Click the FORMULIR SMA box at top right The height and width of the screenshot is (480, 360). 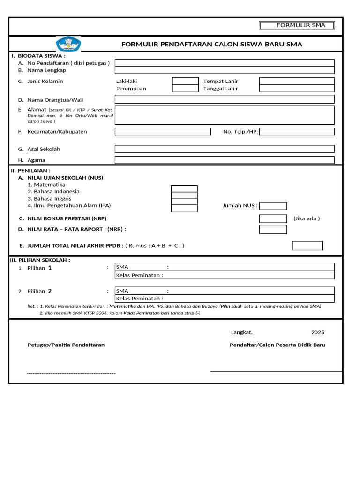(x=298, y=25)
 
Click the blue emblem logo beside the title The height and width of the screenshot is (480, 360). (x=68, y=44)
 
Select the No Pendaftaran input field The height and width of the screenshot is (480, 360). (x=225, y=63)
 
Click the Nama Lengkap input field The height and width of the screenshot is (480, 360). (x=225, y=70)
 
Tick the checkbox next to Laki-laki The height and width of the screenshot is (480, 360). (x=185, y=81)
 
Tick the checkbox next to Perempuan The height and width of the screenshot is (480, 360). (x=185, y=89)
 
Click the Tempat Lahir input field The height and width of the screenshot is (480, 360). (x=297, y=81)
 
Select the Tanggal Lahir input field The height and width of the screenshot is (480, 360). (x=297, y=89)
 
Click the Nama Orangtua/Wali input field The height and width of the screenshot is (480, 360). (x=225, y=99)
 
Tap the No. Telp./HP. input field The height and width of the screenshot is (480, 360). (x=297, y=132)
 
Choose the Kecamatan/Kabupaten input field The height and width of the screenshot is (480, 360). (x=163, y=132)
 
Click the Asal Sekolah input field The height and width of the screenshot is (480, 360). (x=225, y=149)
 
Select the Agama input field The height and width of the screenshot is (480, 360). (x=225, y=160)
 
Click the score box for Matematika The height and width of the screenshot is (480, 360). (x=184, y=188)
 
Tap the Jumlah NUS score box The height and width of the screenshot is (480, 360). (x=273, y=206)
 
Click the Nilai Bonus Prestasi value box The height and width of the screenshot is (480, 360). (x=273, y=218)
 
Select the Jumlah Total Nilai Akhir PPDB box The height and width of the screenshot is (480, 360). (x=307, y=246)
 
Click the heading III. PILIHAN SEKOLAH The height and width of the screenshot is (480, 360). (x=40, y=260)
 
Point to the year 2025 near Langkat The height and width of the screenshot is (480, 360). (x=317, y=332)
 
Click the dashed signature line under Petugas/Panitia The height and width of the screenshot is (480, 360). (x=71, y=373)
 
